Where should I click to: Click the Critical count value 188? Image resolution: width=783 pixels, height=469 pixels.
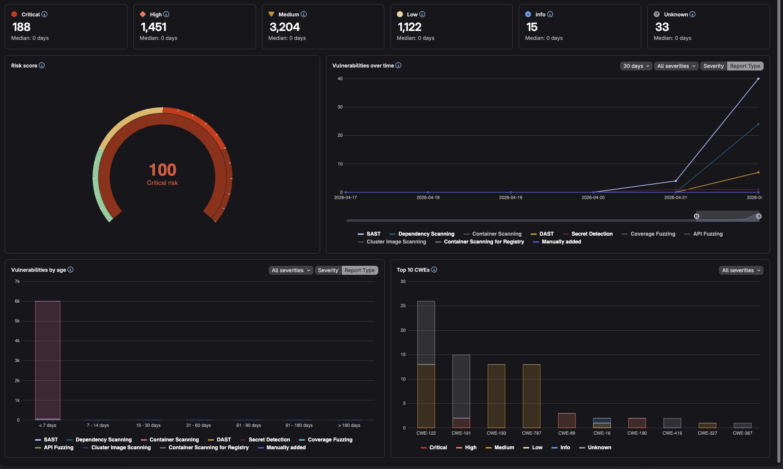point(21,27)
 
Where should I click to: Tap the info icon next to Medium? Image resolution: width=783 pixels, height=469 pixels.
point(304,14)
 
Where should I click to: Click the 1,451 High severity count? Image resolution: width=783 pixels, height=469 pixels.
point(154,27)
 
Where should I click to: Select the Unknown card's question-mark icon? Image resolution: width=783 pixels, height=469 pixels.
point(657,14)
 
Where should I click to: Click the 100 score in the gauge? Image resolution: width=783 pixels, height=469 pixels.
point(162,170)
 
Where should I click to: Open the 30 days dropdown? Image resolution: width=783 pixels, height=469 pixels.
point(636,66)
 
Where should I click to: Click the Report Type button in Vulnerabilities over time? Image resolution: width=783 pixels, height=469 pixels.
point(745,66)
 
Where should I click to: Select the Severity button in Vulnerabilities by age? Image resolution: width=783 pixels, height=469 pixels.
point(328,270)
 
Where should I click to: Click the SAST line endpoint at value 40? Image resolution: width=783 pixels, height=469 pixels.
point(758,79)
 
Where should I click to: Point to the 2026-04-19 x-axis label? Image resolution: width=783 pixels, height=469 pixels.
point(510,198)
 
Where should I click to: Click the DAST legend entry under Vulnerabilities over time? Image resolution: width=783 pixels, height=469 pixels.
point(546,234)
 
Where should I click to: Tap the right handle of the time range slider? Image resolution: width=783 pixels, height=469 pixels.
point(759,216)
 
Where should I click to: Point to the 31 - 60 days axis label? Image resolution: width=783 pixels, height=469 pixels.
point(198,425)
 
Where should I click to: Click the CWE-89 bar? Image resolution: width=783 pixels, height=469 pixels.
point(566,421)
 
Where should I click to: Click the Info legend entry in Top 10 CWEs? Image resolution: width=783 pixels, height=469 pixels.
point(565,447)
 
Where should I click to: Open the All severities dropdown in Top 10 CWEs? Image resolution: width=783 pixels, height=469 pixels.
point(741,270)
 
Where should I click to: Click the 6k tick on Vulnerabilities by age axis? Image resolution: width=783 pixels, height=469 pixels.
point(17,301)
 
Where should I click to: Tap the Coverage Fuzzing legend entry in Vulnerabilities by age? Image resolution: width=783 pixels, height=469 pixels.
point(329,440)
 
